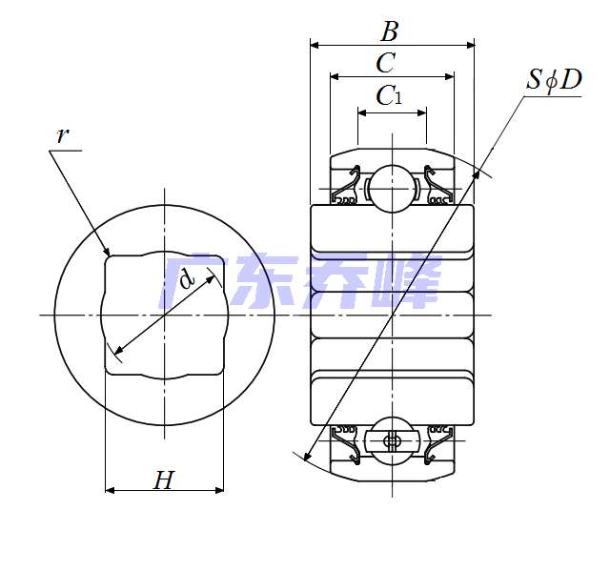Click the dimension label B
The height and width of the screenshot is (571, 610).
390,31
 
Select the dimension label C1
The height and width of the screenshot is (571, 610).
389,95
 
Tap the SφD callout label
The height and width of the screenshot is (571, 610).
554,81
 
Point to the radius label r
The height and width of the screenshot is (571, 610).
63,136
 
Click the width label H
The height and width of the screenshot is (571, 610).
164,480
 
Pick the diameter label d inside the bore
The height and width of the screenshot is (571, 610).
187,278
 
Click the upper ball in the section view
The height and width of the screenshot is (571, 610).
392,189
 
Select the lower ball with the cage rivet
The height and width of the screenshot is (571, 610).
392,440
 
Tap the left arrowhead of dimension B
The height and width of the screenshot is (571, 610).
315,45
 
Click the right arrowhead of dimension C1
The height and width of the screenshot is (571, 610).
422,113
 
